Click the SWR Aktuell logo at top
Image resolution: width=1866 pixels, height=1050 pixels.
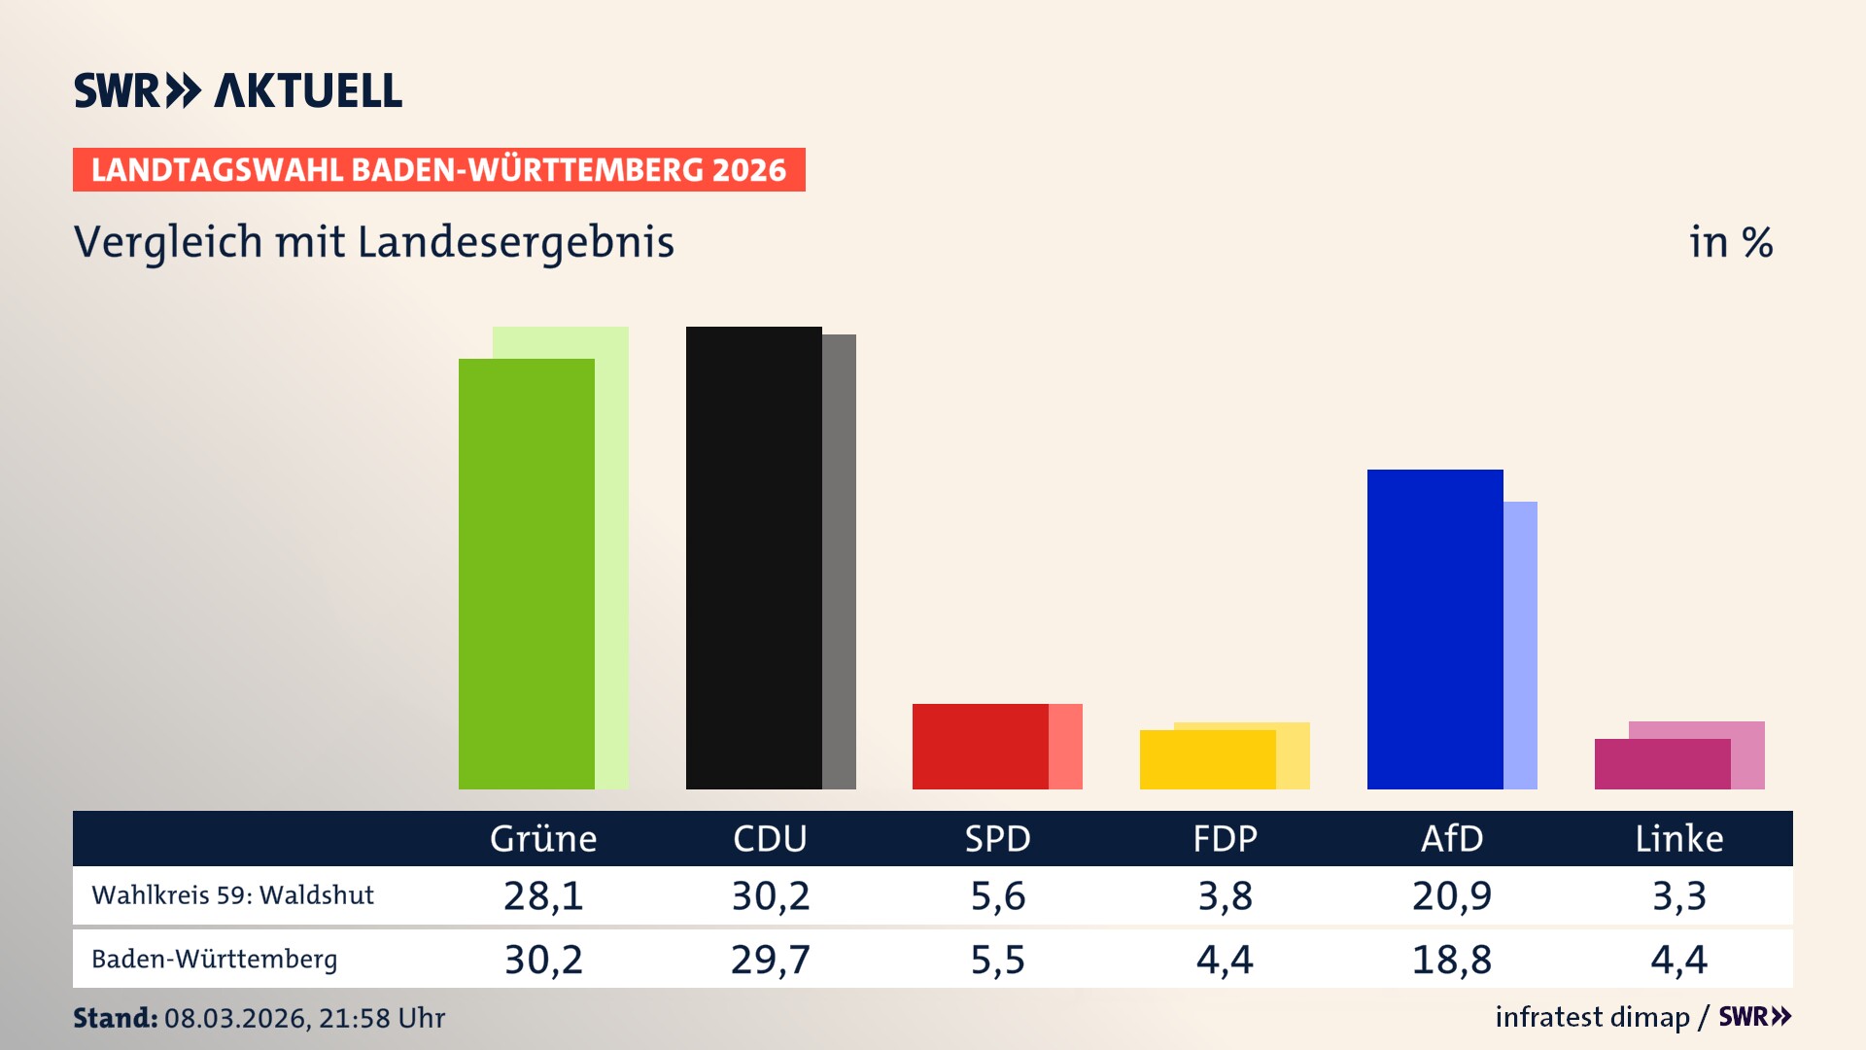pos(237,90)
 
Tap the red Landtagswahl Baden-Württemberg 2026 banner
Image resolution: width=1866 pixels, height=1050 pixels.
pos(438,169)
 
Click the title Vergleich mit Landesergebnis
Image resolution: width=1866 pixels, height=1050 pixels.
pos(373,242)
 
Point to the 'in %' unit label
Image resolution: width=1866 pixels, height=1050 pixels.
pos(1730,242)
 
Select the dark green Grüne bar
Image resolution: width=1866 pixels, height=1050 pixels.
pos(526,574)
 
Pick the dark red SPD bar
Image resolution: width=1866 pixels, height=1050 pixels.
pos(980,746)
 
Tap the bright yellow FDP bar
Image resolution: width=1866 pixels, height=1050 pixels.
pos(1207,759)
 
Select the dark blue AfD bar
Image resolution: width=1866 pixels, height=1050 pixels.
pos(1434,629)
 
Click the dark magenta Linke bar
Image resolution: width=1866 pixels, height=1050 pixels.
pos(1662,764)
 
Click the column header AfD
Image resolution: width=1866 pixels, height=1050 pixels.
pos(1452,838)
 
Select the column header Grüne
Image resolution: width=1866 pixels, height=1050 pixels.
pos(543,838)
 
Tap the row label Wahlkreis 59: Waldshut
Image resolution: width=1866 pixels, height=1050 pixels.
pos(232,894)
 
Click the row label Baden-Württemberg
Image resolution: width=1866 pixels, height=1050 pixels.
pos(214,959)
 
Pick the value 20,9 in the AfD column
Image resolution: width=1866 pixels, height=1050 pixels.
pos(1452,895)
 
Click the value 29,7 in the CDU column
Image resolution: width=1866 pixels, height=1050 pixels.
pos(770,960)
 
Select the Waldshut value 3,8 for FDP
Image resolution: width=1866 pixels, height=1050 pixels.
pos(1225,895)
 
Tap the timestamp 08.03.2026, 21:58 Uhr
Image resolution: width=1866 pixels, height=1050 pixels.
pos(304,1018)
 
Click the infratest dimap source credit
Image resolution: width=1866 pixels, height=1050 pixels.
pos(1592,1017)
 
